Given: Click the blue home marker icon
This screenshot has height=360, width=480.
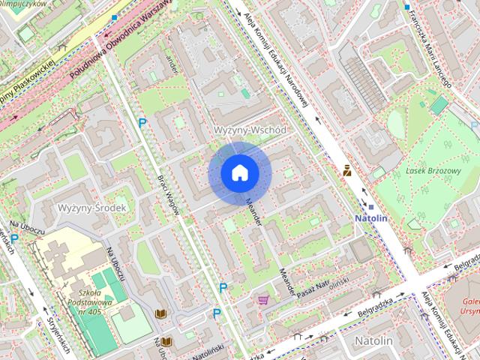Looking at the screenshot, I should coord(239,173).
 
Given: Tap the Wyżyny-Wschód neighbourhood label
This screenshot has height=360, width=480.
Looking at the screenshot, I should coord(250,130).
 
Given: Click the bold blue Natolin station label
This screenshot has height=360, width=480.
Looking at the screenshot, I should coord(370,218).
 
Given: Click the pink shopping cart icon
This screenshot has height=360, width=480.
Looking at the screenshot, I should coord(263,300).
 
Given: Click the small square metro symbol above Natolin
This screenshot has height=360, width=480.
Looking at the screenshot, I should coord(370,206).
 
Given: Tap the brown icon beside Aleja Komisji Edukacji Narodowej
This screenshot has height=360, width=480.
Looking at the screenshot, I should coord(346,170).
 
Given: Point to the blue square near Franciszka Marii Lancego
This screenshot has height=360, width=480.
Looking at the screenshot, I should coord(407,8).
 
